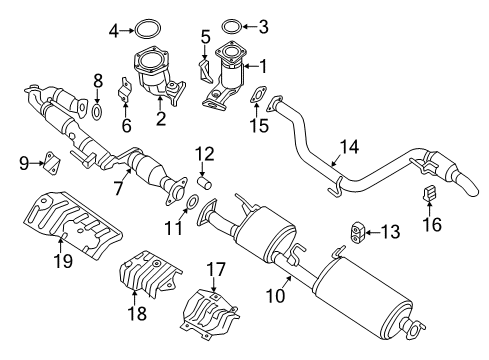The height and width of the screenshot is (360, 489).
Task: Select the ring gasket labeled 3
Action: (232, 25)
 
